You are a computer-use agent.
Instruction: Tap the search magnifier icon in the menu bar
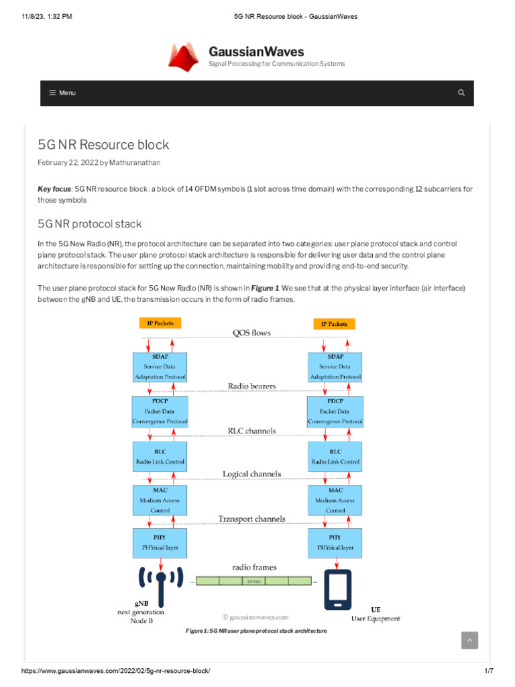[x=461, y=93]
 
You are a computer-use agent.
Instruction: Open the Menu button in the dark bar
[x=62, y=93]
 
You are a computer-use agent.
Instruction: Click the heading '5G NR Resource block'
[x=103, y=144]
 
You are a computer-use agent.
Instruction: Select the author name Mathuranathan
[x=135, y=162]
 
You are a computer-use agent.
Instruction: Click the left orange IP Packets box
[x=160, y=323]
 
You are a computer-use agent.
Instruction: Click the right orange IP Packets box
[x=334, y=323]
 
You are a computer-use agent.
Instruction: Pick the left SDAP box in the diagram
[x=160, y=367]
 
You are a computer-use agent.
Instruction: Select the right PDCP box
[x=335, y=411]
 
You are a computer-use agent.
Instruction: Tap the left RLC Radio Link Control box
[x=160, y=456]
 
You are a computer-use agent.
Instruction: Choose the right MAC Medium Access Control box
[x=335, y=500]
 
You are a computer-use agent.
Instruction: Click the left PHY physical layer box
[x=160, y=542]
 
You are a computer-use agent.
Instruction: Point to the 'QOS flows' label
[x=251, y=333]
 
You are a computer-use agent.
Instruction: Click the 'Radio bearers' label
[x=251, y=386]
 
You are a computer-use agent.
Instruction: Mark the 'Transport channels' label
[x=251, y=519]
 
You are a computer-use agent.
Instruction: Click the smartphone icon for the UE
[x=337, y=589]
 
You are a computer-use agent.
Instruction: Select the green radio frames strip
[x=254, y=581]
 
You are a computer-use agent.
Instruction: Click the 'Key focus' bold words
[x=54, y=189]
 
